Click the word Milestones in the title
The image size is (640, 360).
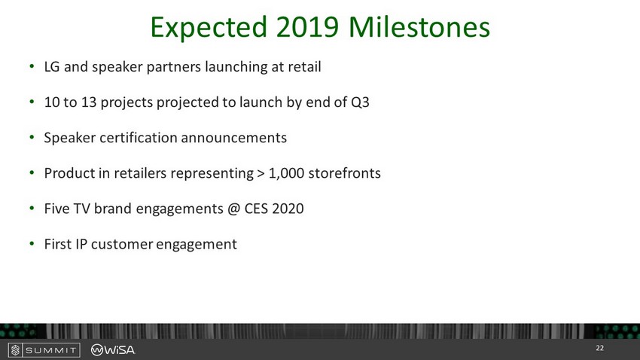[419, 27]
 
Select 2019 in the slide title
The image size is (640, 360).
[307, 27]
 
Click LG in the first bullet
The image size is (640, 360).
[52, 66]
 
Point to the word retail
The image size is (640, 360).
[304, 66]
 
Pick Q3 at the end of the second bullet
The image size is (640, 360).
[360, 102]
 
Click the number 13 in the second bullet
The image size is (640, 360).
[89, 102]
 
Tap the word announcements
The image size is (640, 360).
[234, 138]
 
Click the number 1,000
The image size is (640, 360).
[286, 173]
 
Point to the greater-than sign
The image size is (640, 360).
[261, 173]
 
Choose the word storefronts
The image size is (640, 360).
[345, 173]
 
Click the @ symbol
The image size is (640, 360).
[233, 209]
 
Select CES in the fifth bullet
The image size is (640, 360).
[256, 209]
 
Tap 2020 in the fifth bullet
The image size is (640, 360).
[288, 209]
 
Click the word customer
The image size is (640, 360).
[122, 244]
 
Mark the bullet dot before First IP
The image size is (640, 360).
[32, 244]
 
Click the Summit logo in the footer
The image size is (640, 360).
[44, 349]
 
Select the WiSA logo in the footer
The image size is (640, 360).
[113, 349]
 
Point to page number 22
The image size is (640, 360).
[599, 348]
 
